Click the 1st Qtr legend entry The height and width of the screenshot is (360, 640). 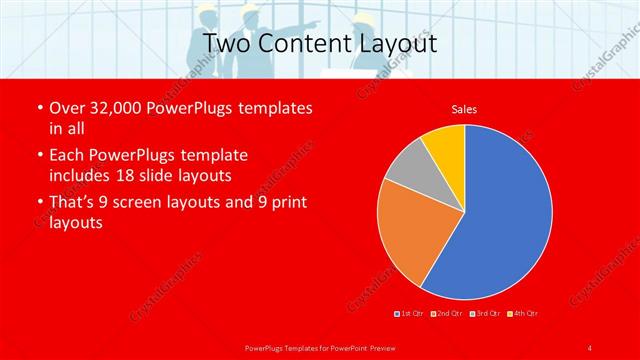[x=411, y=314]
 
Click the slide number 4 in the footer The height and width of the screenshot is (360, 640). [x=590, y=347]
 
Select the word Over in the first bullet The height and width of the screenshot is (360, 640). [x=67, y=107]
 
